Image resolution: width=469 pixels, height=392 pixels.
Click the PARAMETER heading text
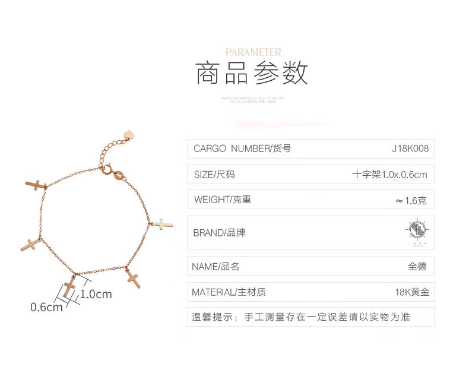253,52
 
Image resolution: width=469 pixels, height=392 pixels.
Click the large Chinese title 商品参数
252,74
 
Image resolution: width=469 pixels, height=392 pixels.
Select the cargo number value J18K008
410,148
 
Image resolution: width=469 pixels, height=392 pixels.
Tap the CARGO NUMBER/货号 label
242,148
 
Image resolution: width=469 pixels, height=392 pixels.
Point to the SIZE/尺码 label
214,175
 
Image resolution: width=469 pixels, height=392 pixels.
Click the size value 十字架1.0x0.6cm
389,175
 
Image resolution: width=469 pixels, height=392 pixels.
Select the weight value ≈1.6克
411,201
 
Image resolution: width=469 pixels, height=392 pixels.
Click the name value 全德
417,267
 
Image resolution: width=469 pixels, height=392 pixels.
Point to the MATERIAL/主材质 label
229,292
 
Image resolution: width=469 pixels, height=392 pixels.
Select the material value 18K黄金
411,292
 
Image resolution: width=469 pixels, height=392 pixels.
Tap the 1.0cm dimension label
96,294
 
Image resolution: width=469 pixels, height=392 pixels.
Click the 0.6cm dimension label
46,307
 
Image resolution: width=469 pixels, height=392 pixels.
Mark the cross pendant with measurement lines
69,287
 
